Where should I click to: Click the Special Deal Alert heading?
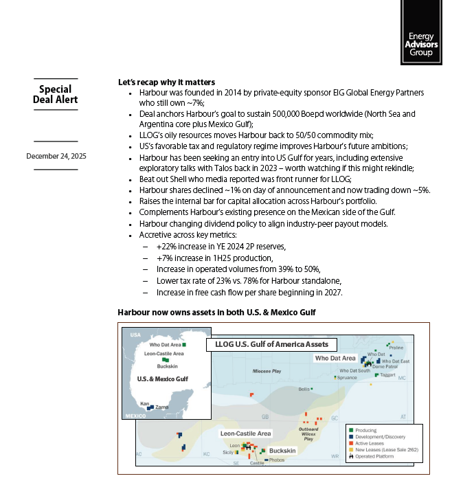(55, 94)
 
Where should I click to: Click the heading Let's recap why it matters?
(166, 82)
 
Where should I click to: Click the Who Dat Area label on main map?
(335, 358)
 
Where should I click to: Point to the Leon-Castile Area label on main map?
(245, 433)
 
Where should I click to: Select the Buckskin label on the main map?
(282, 451)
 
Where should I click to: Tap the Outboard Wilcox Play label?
(308, 433)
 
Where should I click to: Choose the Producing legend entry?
(366, 431)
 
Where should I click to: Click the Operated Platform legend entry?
(375, 456)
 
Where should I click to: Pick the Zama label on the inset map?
(162, 407)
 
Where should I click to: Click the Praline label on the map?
(396, 348)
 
